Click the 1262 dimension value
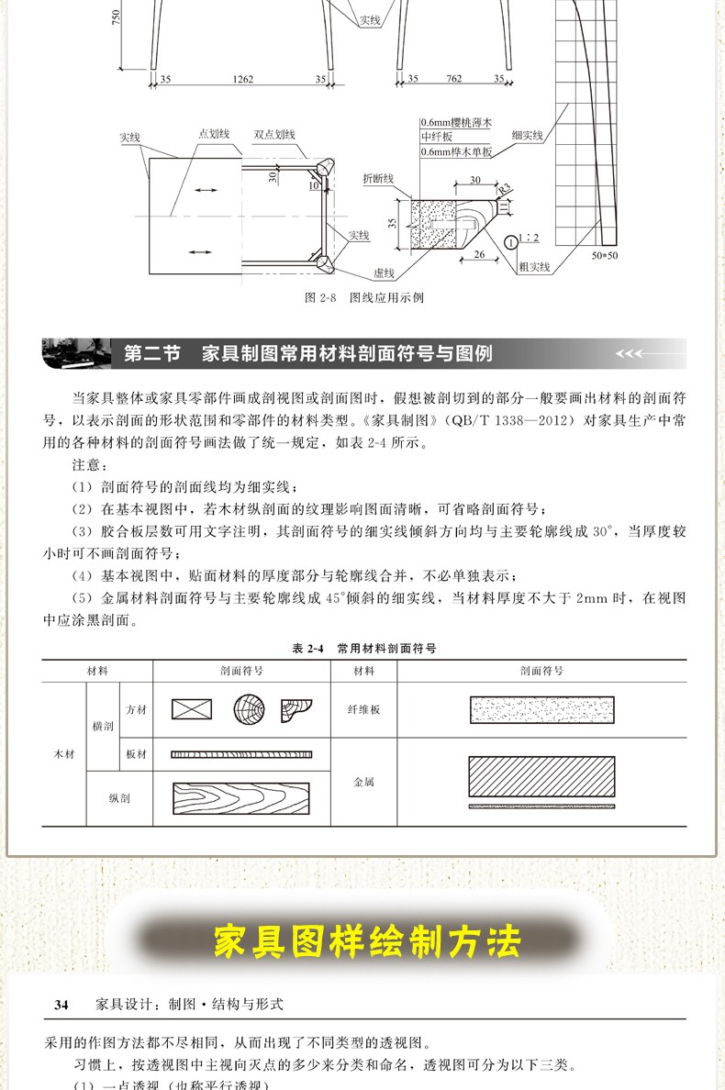(242, 80)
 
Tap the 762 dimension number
(453, 80)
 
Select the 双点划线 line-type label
(274, 135)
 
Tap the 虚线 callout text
(383, 273)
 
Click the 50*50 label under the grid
(605, 255)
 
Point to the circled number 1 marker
(511, 243)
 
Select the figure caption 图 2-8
(363, 297)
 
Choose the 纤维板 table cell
(363, 709)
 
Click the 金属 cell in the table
(363, 782)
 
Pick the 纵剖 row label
(118, 797)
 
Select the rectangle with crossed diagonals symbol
(192, 709)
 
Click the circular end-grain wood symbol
(249, 709)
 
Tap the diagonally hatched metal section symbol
(541, 776)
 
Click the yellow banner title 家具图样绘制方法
(366, 941)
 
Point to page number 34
(61, 1005)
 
